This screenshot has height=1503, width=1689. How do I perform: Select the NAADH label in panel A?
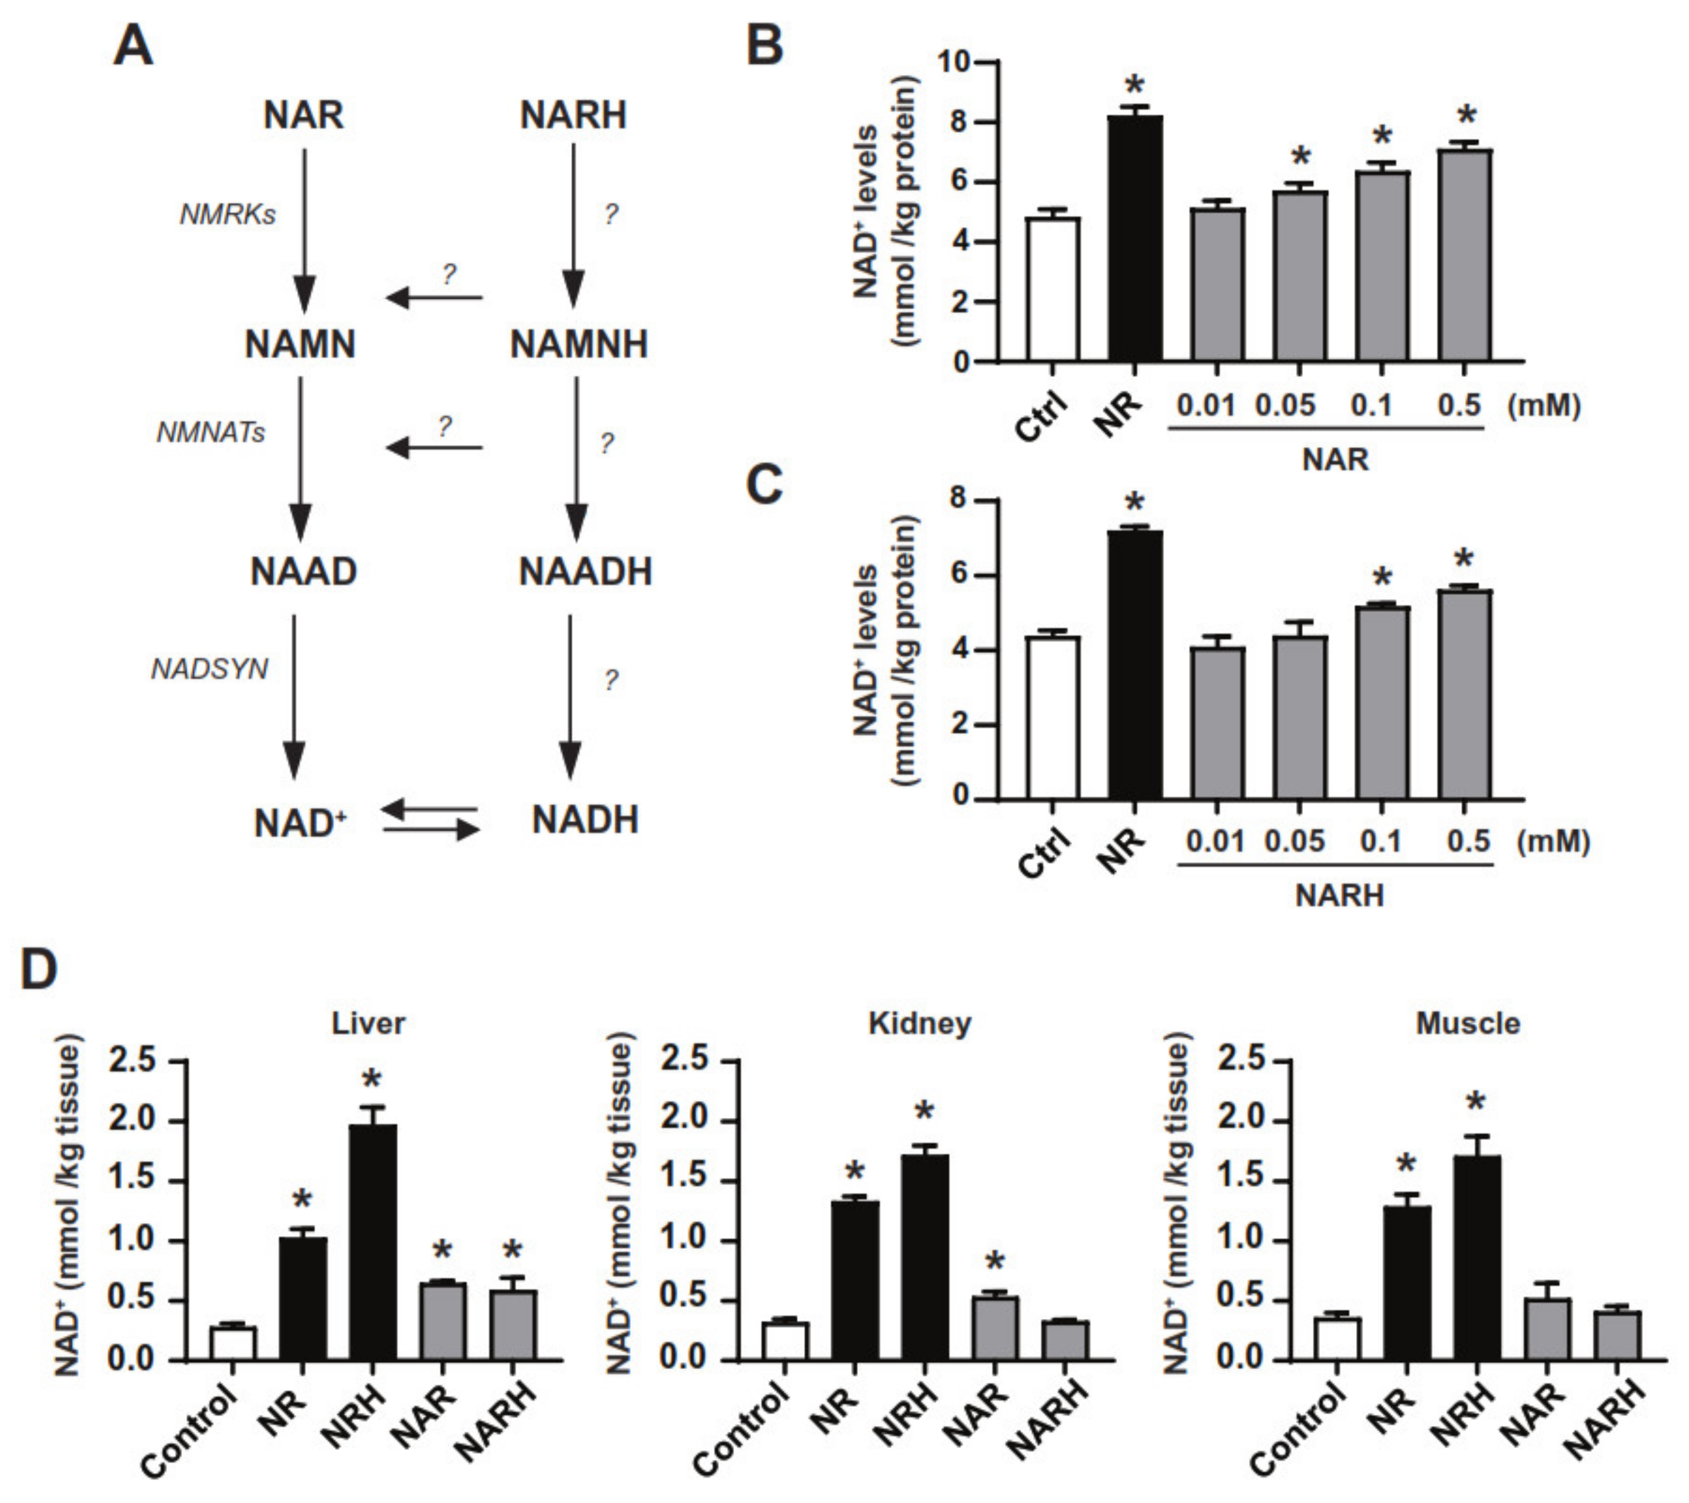[x=585, y=572]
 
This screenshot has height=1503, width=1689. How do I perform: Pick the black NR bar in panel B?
[x=1135, y=240]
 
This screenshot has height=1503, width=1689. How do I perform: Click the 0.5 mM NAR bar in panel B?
[x=1465, y=257]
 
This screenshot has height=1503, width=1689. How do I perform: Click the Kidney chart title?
[x=920, y=1023]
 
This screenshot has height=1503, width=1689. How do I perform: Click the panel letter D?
[x=39, y=969]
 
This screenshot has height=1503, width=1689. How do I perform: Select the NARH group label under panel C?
[x=1339, y=895]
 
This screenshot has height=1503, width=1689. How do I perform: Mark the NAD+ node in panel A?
[x=300, y=823]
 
